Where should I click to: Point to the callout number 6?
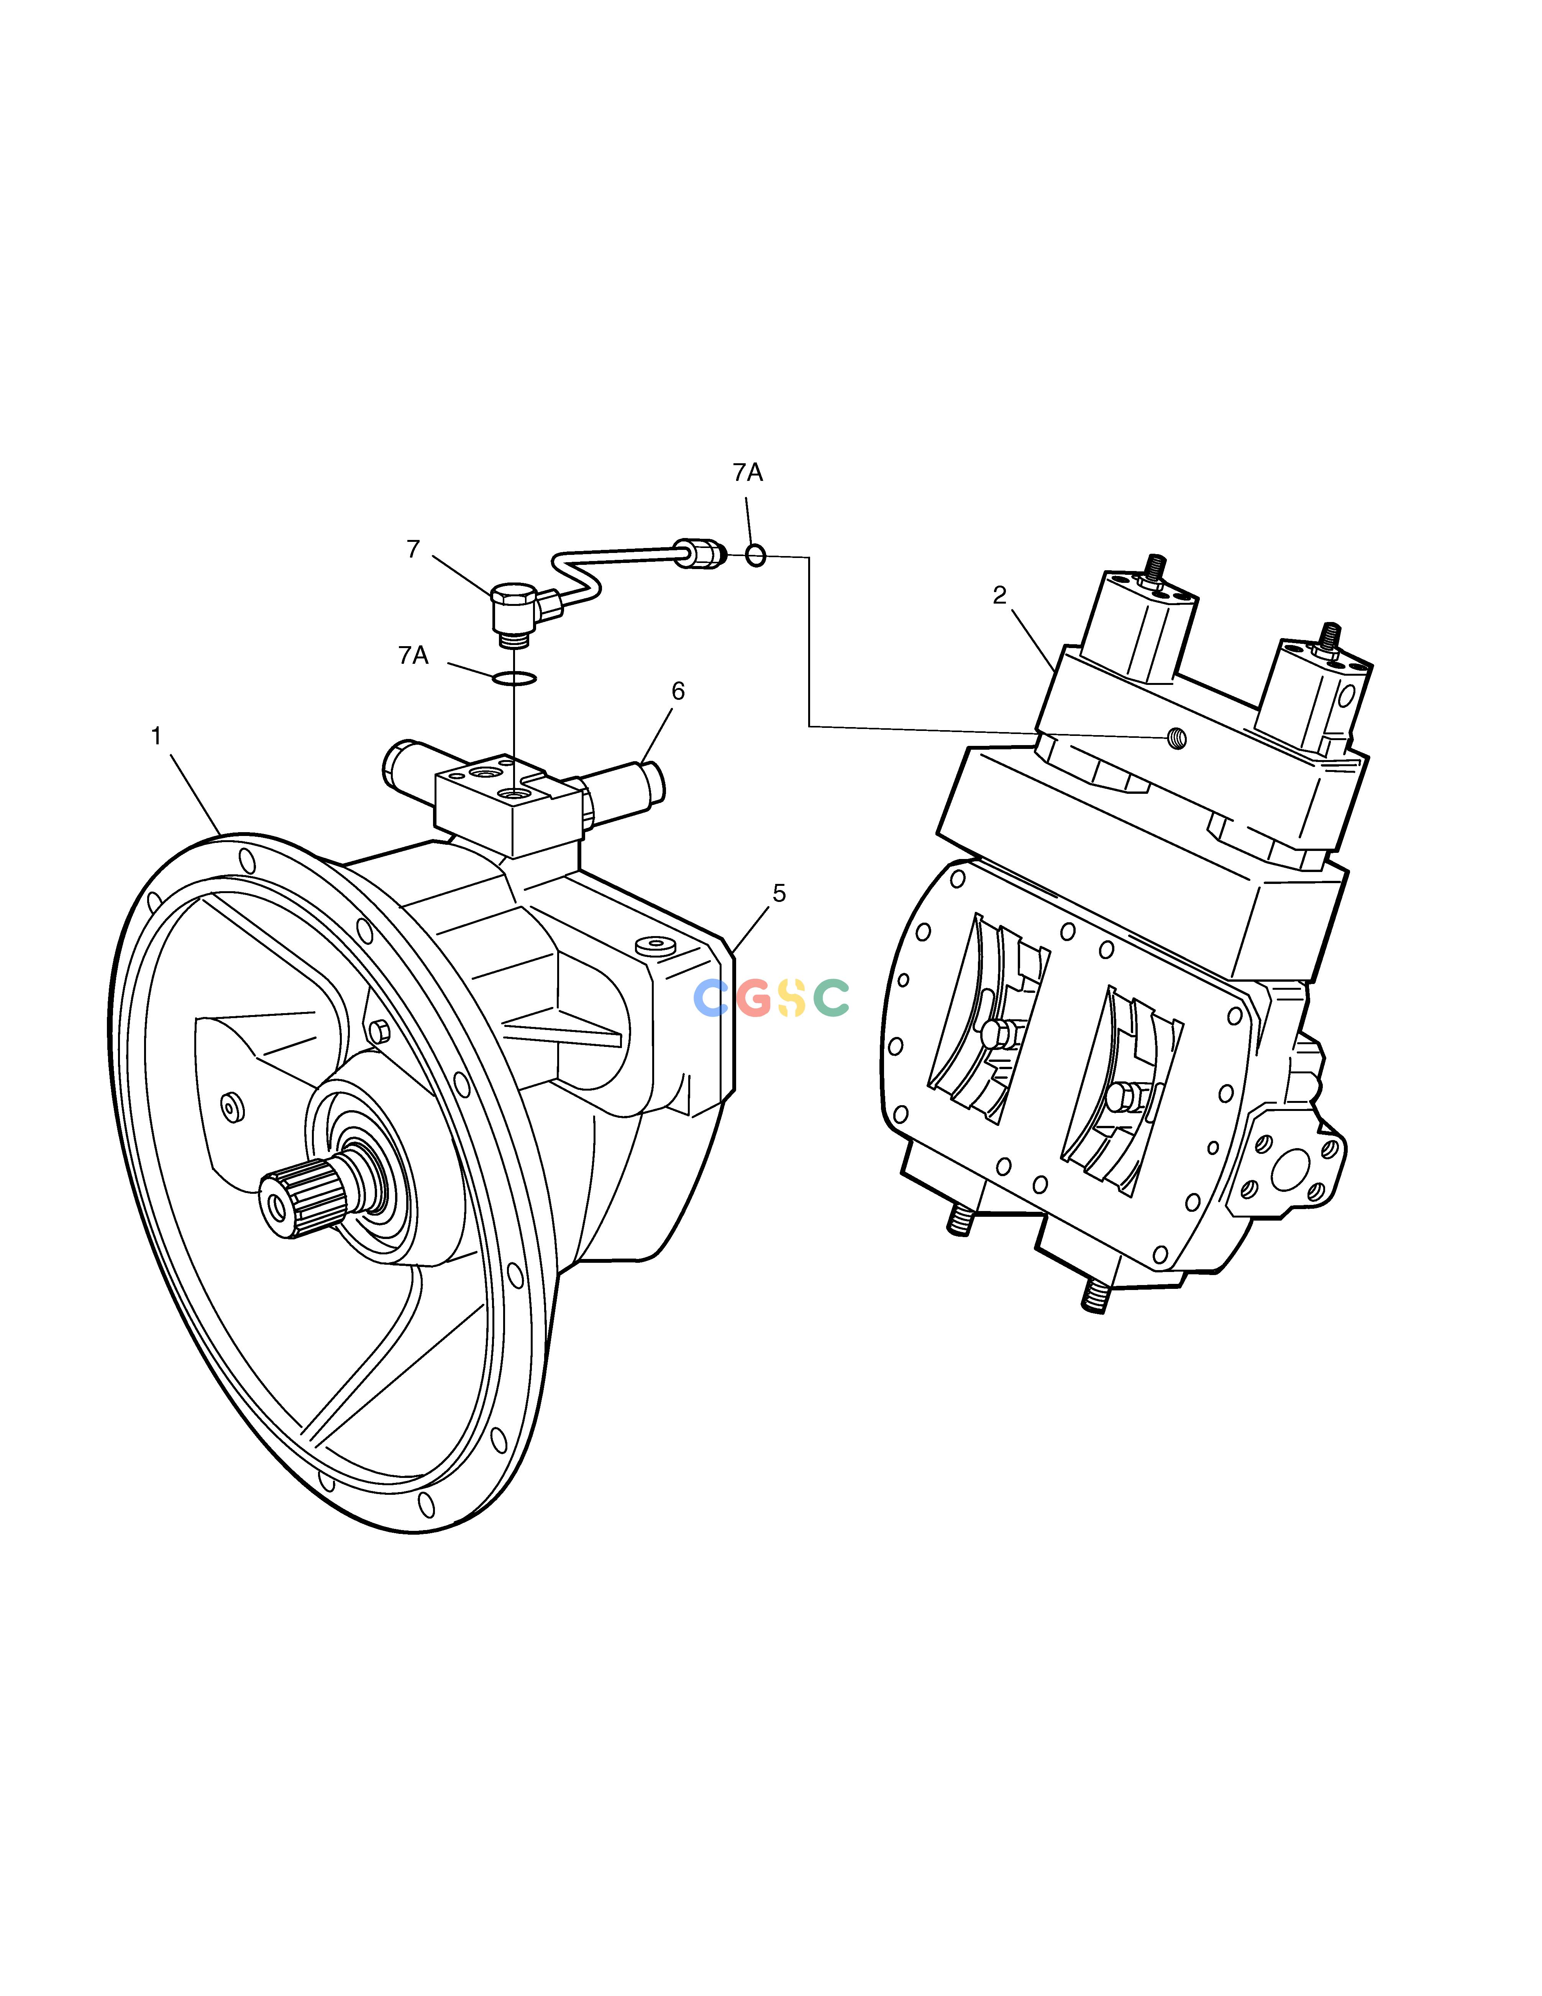click(678, 691)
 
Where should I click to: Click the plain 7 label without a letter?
click(413, 549)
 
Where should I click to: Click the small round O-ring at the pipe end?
click(755, 555)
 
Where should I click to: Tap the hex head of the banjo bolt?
click(512, 597)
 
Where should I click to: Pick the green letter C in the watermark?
click(831, 998)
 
